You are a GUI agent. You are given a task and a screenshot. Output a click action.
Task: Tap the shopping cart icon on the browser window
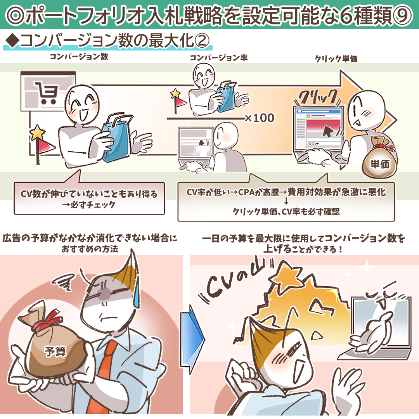click(x=46, y=92)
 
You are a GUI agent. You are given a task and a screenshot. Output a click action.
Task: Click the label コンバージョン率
click(x=218, y=58)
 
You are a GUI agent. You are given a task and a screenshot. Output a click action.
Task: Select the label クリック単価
click(x=336, y=59)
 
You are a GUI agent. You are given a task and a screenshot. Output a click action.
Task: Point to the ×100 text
click(x=260, y=118)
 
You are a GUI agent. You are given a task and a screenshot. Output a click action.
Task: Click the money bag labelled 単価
click(x=379, y=157)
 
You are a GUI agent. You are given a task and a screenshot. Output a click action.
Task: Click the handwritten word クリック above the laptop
click(x=318, y=97)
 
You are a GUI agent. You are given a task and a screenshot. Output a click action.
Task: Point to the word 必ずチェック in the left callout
click(x=92, y=205)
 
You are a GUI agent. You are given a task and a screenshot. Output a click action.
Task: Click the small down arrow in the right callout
click(x=286, y=201)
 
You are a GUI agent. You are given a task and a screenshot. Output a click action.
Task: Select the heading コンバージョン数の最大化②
click(x=114, y=41)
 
